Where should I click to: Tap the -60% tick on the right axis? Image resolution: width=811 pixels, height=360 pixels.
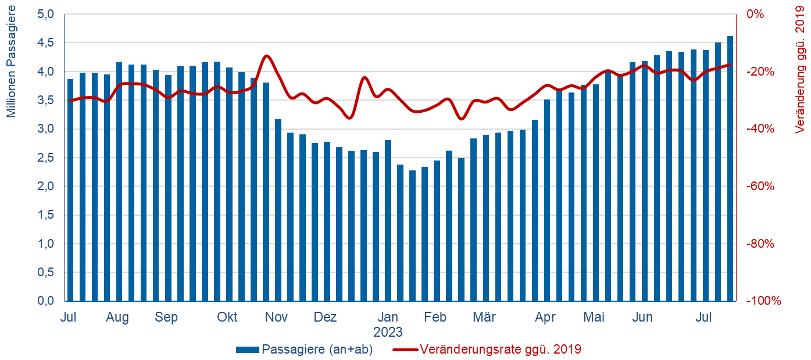760,186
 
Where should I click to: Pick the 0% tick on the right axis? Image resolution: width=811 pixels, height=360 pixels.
755,14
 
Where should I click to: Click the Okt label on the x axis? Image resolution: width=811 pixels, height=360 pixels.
227,318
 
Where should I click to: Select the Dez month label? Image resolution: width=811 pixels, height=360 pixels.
325,318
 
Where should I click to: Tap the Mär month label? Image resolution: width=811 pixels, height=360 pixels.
484,318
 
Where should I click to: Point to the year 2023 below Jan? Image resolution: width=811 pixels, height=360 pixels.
388,332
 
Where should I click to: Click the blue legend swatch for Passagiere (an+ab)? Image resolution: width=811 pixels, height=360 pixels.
247,350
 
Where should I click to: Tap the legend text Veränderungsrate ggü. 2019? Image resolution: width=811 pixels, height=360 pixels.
500,350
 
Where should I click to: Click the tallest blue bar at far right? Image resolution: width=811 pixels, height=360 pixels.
730,169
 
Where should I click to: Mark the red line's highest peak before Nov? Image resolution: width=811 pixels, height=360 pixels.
266,56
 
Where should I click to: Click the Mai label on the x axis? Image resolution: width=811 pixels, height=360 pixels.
594,318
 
